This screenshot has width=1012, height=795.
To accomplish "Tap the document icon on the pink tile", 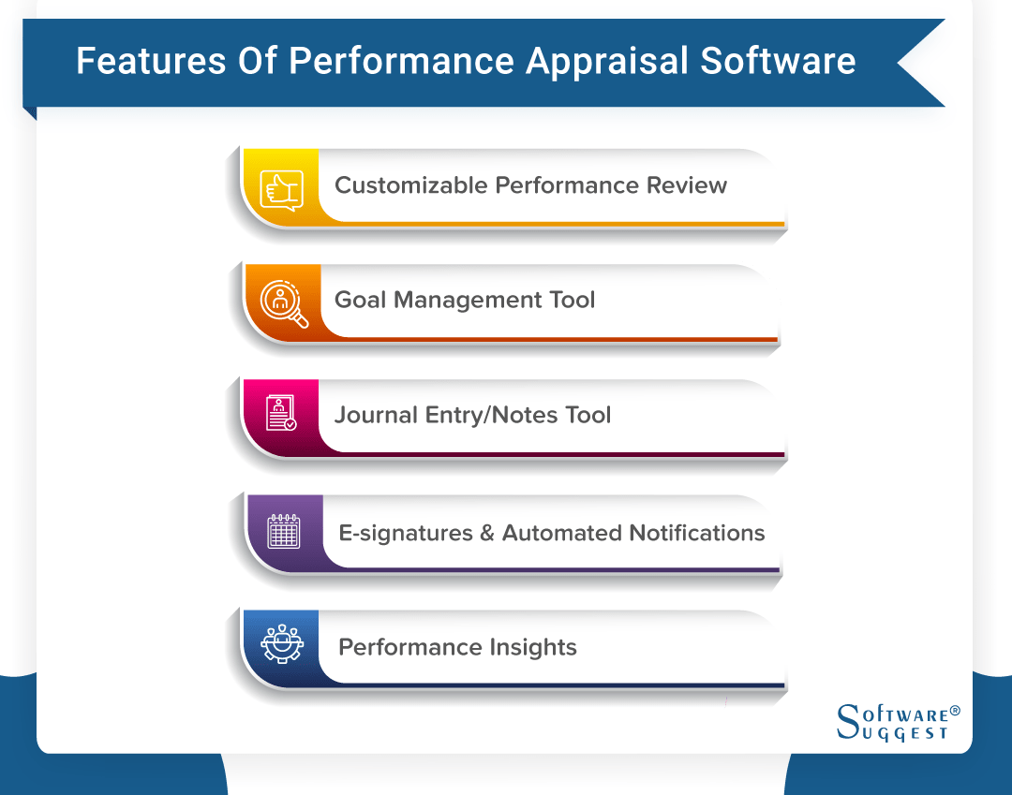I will pyautogui.click(x=281, y=413).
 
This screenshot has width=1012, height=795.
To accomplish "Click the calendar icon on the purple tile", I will pyautogui.click(x=284, y=531).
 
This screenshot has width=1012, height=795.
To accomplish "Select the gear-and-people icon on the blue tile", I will pyautogui.click(x=281, y=644).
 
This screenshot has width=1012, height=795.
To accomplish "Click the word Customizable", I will pyautogui.click(x=410, y=185).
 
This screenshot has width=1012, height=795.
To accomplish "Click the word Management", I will pyautogui.click(x=466, y=301).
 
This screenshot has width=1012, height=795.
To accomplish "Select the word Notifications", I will pyautogui.click(x=697, y=533).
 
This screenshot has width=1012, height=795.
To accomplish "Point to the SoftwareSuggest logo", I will pyautogui.click(x=890, y=722).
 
